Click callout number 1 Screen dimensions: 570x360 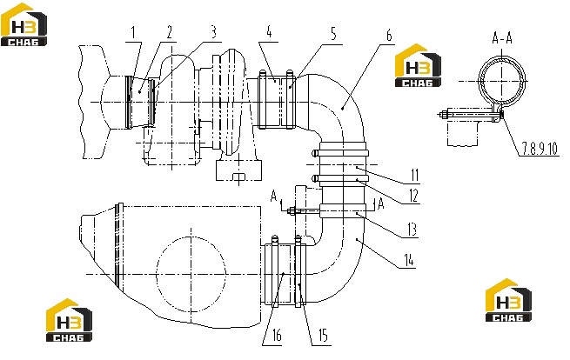pyautogui.click(x=133, y=33)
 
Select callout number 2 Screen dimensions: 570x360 pyautogui.click(x=169, y=32)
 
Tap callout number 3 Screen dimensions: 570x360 pyautogui.click(x=214, y=31)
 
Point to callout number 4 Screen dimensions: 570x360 pyautogui.click(x=269, y=32)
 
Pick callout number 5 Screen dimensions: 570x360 pyautogui.click(x=333, y=33)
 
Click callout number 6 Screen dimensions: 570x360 pyautogui.click(x=389, y=36)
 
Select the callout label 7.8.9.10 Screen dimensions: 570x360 pyautogui.click(x=540, y=148)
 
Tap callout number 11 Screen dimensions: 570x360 pyautogui.click(x=415, y=176)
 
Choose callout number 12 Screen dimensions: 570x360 pyautogui.click(x=413, y=197)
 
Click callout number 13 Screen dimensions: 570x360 pyautogui.click(x=412, y=230)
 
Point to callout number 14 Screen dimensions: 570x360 pyautogui.click(x=409, y=260)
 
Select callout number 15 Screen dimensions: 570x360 pyautogui.click(x=323, y=336)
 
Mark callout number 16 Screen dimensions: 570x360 pyautogui.click(x=277, y=336)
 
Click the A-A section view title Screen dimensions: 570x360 pyautogui.click(x=502, y=37)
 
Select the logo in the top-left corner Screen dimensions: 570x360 pyautogui.click(x=24, y=24)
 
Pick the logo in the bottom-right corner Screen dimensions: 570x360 pyautogui.click(x=508, y=300)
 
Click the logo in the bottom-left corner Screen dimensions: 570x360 pyautogui.click(x=69, y=320)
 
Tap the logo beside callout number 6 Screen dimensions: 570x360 pyautogui.click(x=418, y=66)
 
